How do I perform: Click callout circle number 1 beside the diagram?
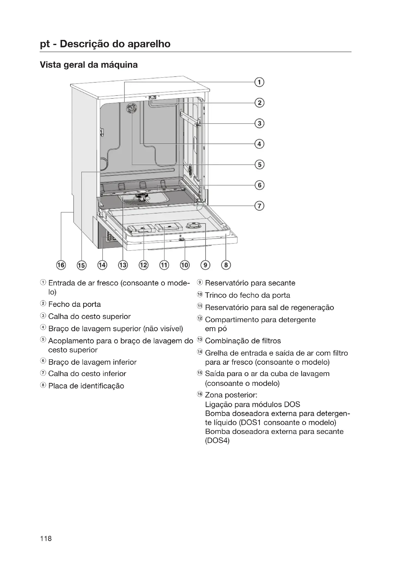259,82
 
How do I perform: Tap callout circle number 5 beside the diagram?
259,165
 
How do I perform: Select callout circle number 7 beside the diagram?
259,206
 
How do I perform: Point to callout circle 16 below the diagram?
61,265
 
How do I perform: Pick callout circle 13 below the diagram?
123,265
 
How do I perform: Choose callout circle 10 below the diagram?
185,265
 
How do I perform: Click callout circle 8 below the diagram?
226,265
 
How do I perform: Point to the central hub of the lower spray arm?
142,196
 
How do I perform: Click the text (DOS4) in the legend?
217,441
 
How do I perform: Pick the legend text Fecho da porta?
74,304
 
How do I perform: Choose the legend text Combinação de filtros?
243,341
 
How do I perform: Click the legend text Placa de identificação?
86,386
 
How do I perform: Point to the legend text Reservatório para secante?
250,283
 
